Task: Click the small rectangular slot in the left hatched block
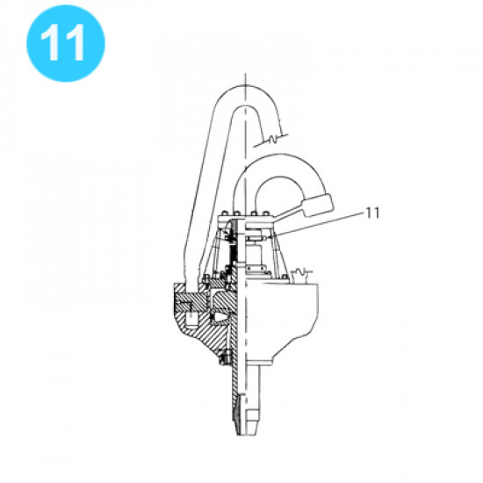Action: [188, 305]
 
